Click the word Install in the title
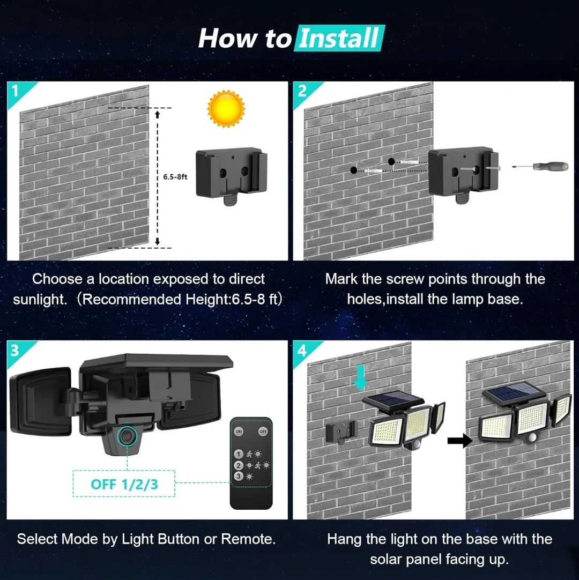339,39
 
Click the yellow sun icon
226,109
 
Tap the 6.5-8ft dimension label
175,176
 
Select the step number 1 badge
15,91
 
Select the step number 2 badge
302,91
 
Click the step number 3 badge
15,351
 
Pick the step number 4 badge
302,351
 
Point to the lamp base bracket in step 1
232,173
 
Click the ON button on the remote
239,432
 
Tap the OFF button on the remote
263,432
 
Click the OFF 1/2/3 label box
124,484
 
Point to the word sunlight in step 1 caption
40,299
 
